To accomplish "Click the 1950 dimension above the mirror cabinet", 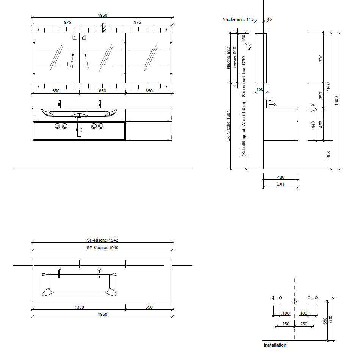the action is (102, 15).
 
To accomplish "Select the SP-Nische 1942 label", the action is (102, 240).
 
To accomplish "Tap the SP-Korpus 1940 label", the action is (102, 248).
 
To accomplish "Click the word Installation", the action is (275, 345).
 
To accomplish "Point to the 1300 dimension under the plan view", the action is (79, 307).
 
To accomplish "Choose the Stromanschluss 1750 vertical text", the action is (244, 76).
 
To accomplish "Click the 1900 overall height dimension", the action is (336, 101).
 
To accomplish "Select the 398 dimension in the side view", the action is (328, 154).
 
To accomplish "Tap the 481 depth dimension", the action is (280, 185).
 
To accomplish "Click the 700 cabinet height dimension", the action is (321, 58).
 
